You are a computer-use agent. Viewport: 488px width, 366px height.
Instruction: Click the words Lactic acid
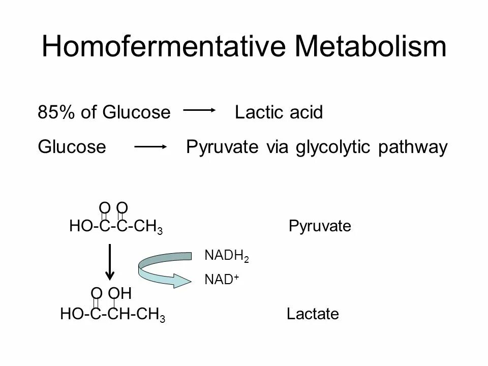[x=279, y=113]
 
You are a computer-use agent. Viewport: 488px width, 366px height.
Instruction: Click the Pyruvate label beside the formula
[x=320, y=226]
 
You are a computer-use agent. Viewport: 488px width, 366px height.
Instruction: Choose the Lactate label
[x=313, y=314]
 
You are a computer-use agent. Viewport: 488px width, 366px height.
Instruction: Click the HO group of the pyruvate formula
[x=79, y=226]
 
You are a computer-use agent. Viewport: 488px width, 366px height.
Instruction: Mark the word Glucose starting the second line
[x=72, y=147]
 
